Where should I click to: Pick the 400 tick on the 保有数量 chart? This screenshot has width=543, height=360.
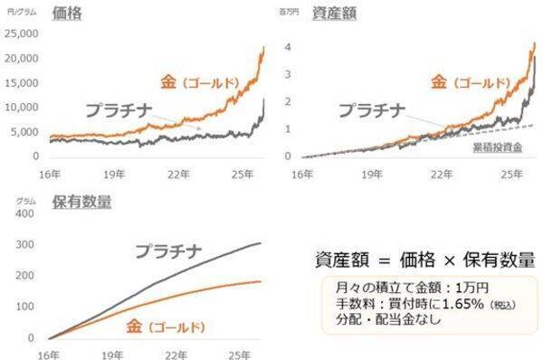click(x=28, y=215)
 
